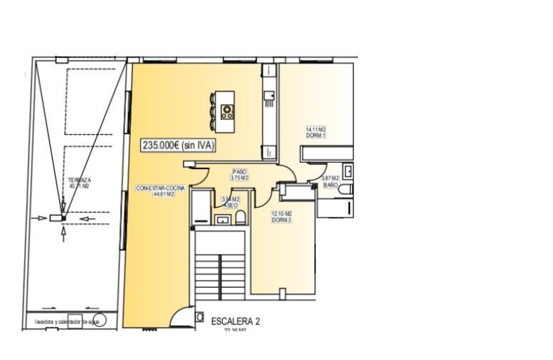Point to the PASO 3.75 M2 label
[x=240, y=174]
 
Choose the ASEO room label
[x=230, y=205]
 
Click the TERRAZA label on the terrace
[x=79, y=183]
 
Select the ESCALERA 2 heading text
[x=235, y=321]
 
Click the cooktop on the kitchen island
[x=227, y=112]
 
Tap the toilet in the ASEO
[x=240, y=218]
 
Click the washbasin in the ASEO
[x=222, y=220]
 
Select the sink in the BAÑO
[x=349, y=171]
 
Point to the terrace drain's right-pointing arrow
[x=42, y=218]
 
